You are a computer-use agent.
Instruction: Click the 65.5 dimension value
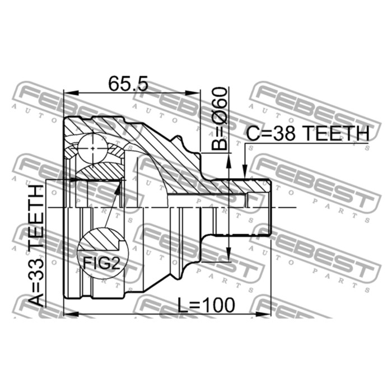tap(128, 83)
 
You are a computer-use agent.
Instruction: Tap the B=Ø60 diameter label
tap(220, 118)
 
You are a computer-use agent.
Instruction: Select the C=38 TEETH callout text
tap(308, 133)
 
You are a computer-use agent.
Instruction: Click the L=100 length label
tap(206, 305)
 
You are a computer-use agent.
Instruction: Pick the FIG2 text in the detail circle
tap(101, 263)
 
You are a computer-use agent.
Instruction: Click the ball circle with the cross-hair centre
tap(93, 148)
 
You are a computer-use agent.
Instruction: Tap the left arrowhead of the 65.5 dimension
tap(72, 93)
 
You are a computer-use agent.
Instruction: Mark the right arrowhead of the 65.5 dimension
tap(193, 93)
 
